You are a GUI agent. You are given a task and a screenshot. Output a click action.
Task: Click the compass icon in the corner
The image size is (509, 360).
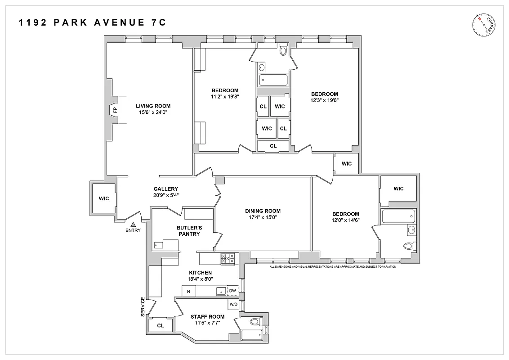click(483, 25)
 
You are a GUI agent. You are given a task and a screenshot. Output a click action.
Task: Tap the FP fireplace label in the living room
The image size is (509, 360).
click(115, 110)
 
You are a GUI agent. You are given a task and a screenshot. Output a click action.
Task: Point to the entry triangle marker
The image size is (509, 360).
click(133, 224)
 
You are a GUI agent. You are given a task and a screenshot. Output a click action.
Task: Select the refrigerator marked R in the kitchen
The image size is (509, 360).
click(188, 292)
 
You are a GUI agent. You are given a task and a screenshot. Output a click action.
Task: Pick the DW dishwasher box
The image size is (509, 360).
click(232, 291)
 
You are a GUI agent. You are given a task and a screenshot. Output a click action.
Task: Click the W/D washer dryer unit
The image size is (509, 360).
click(233, 305)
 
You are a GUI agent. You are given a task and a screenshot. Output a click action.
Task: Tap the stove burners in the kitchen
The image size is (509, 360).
click(228, 258)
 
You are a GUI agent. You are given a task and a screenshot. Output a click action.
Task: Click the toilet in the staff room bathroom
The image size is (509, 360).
click(255, 322)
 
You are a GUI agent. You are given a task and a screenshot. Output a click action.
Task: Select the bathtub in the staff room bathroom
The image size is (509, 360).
click(252, 335)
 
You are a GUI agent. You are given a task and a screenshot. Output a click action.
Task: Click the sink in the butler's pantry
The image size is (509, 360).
click(158, 245)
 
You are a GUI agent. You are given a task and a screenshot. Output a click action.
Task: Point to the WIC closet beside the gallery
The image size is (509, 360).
click(104, 198)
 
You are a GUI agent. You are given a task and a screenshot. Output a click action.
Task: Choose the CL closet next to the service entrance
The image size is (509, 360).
click(161, 325)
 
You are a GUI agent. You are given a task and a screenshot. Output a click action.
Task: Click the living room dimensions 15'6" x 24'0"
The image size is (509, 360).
click(153, 112)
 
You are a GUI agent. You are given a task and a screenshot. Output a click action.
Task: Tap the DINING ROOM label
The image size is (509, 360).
click(263, 211)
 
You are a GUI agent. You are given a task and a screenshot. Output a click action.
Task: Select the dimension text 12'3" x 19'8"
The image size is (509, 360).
click(324, 100)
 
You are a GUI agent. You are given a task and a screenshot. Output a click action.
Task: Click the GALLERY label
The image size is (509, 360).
click(165, 189)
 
